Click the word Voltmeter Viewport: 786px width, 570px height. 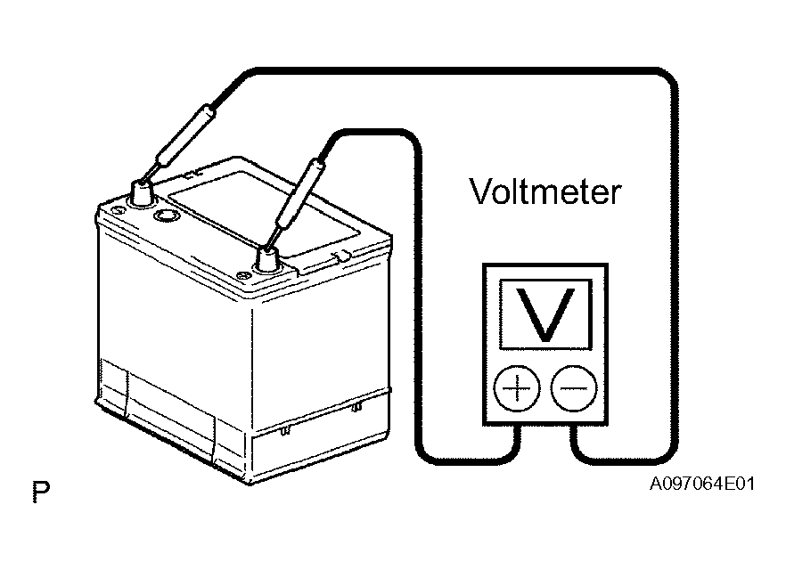(x=545, y=191)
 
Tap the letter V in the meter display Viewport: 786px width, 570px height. (x=545, y=314)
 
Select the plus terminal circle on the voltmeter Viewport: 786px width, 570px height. (x=517, y=388)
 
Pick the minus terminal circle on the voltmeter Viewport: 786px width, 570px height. (x=574, y=388)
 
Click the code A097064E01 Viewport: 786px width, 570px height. (x=702, y=484)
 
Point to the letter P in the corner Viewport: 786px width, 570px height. (x=41, y=492)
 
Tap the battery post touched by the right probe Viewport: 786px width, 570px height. (x=267, y=259)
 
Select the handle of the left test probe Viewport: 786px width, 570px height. (x=185, y=134)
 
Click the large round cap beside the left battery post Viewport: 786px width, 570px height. (x=167, y=216)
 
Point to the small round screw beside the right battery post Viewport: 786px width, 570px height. (x=243, y=275)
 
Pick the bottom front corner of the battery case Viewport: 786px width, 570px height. (x=250, y=483)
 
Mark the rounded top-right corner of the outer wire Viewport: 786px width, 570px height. (x=667, y=80)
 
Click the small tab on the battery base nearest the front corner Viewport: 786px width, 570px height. (x=285, y=430)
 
